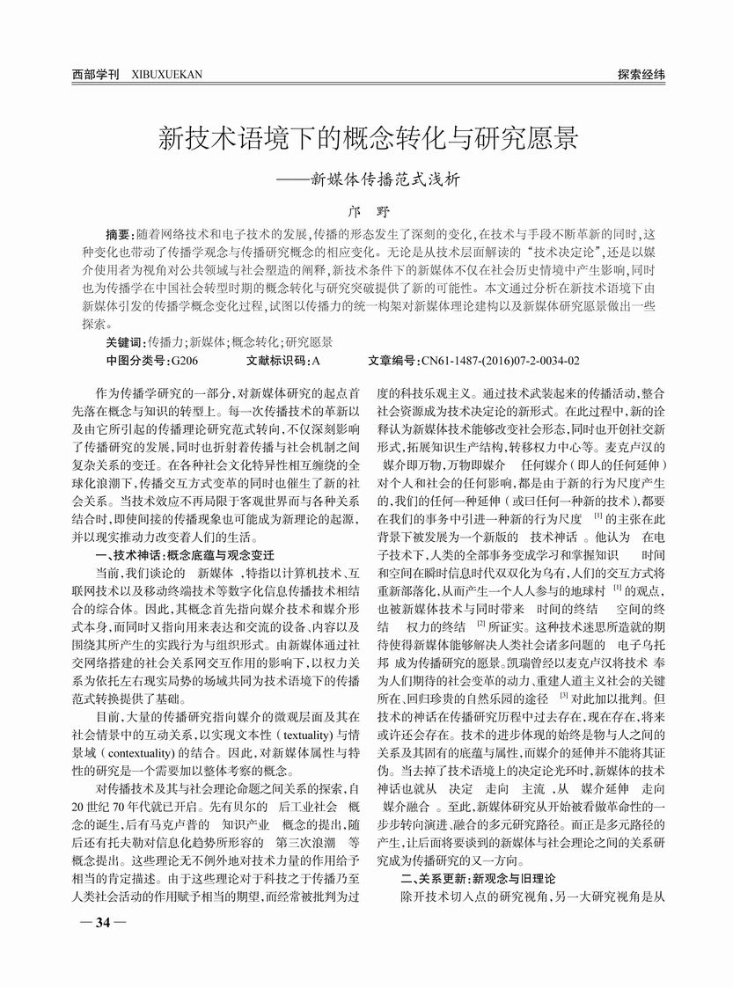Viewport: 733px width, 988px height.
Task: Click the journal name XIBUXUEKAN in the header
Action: point(166,75)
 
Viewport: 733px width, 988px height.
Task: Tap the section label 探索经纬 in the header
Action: point(641,75)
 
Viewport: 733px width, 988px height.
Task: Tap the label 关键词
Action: point(124,341)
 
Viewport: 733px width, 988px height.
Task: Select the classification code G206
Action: point(185,362)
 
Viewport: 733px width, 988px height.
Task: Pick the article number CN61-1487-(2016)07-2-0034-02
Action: point(501,362)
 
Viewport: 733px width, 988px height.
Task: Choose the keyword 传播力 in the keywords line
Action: point(166,341)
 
